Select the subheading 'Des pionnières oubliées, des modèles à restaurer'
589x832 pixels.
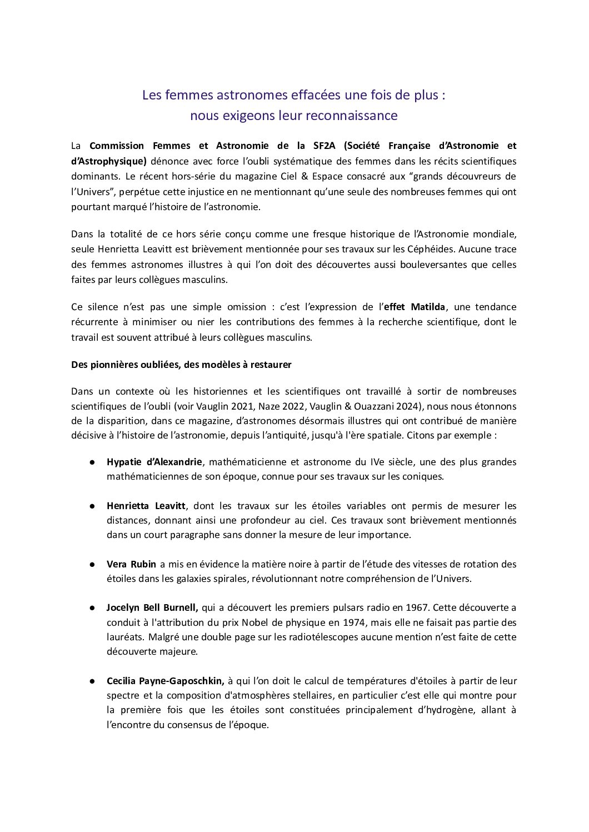(181, 365)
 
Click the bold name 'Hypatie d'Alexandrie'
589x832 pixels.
(155, 462)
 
